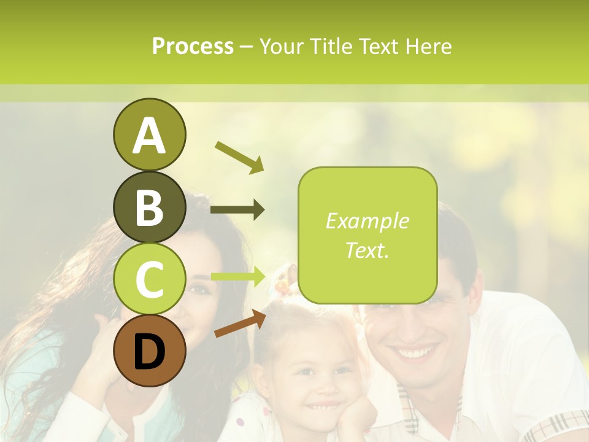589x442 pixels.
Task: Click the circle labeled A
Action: (149, 134)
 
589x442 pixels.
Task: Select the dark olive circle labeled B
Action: (149, 207)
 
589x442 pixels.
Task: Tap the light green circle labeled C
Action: (149, 279)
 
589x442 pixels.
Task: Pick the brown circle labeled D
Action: (149, 351)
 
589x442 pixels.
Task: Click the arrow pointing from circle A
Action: (239, 157)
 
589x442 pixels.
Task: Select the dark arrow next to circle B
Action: (237, 210)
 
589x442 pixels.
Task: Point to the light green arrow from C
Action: (237, 276)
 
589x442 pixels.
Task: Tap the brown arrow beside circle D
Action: (240, 324)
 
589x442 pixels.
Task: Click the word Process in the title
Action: (193, 46)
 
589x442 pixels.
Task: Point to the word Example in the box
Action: (367, 221)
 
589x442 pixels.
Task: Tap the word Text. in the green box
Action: (367, 250)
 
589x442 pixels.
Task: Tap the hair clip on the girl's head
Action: (282, 281)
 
